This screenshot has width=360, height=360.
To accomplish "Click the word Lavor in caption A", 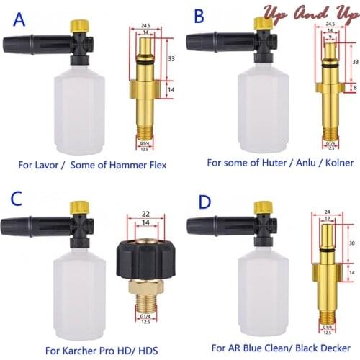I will (x=50, y=165).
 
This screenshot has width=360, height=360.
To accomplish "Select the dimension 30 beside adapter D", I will (x=351, y=243).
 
